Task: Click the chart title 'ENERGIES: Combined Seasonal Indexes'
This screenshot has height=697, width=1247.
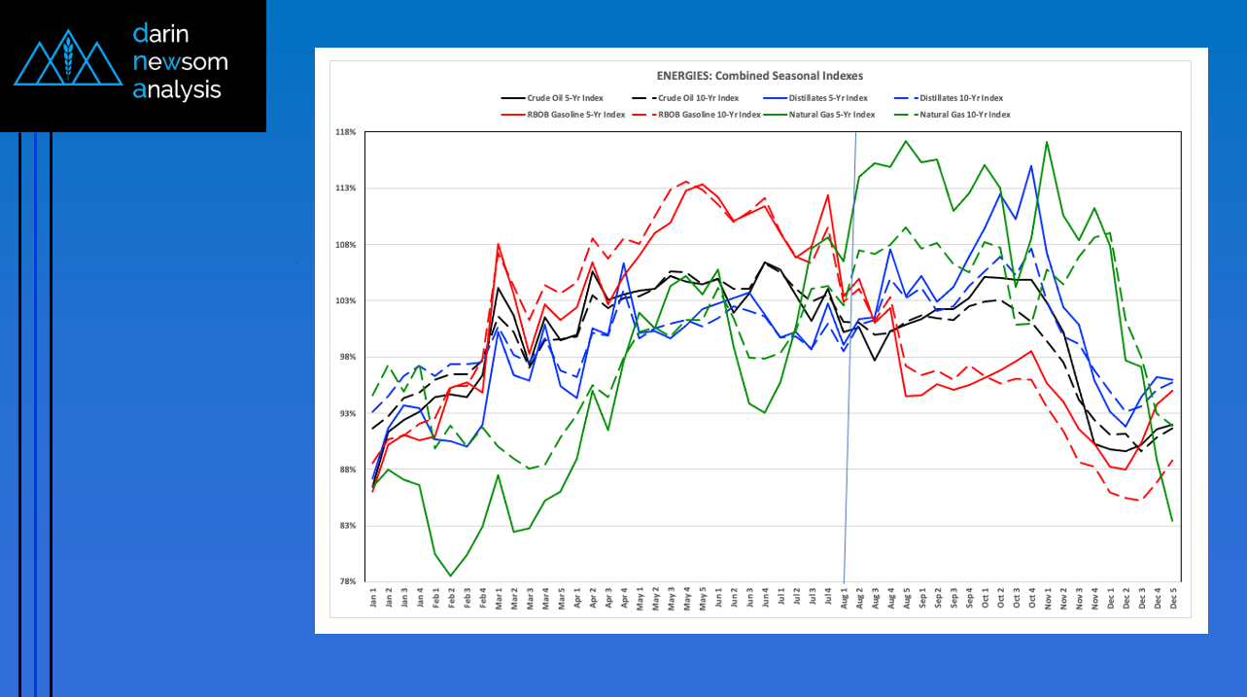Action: pos(759,76)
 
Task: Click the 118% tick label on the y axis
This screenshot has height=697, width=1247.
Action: pos(346,132)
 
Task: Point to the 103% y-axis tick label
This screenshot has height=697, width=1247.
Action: pos(346,301)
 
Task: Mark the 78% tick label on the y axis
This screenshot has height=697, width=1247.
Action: pos(348,582)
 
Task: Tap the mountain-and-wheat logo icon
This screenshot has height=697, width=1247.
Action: pos(67,60)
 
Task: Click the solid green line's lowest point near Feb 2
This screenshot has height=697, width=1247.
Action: pos(451,575)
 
